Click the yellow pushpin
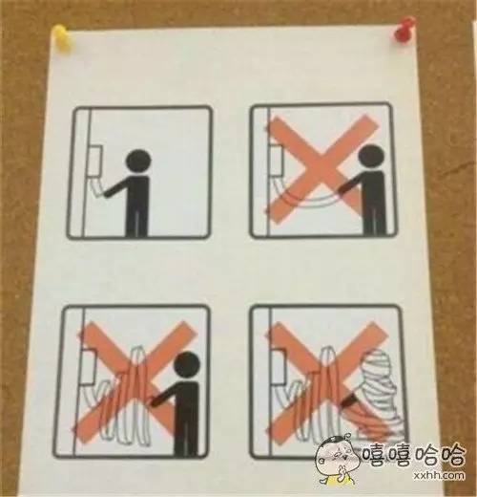click(63, 36)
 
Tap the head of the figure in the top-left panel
click(138, 162)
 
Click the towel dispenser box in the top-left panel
click(94, 162)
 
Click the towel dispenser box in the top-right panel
click(276, 160)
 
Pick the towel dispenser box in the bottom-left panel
click(88, 366)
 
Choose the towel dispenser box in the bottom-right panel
click(278, 366)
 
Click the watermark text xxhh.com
click(439, 475)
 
